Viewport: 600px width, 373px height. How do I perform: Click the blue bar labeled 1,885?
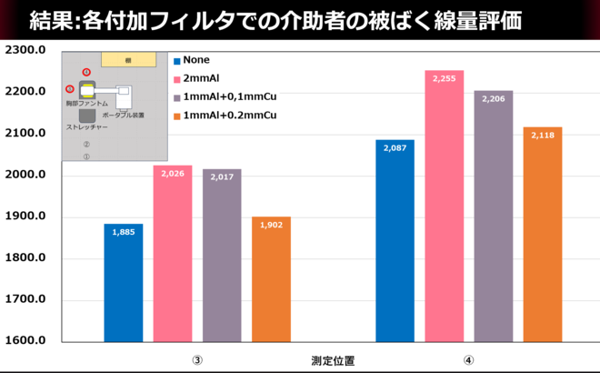[x=123, y=282]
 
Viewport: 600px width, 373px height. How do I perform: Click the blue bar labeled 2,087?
[x=395, y=240]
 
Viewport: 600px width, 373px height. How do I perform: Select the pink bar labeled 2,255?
[x=445, y=206]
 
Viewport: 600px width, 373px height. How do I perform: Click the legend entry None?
[x=196, y=60]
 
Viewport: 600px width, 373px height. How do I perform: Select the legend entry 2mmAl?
[x=201, y=78]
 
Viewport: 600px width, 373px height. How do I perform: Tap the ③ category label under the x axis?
[x=196, y=359]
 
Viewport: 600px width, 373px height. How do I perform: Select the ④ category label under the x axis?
[x=469, y=359]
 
